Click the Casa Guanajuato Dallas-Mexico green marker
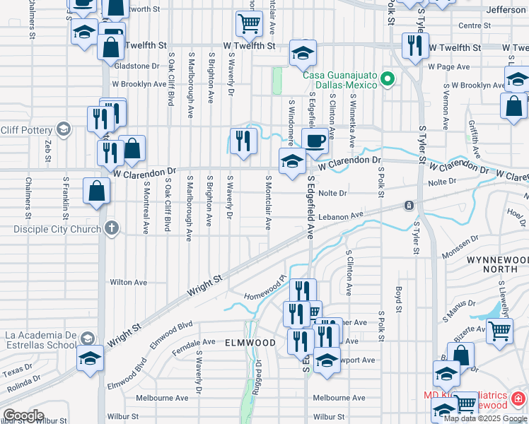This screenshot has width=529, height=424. pyautogui.click(x=387, y=79)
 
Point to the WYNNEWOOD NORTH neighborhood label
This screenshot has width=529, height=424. pyautogui.click(x=496, y=264)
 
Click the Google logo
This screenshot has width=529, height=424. pyautogui.click(x=23, y=416)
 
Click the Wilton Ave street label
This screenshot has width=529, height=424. pyautogui.click(x=129, y=282)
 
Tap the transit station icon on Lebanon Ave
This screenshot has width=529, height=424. pyautogui.click(x=409, y=206)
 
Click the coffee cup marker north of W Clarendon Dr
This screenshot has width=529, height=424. pyautogui.click(x=315, y=139)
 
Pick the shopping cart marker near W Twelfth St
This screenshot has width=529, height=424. pyautogui.click(x=249, y=23)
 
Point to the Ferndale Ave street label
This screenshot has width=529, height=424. pyautogui.click(x=197, y=342)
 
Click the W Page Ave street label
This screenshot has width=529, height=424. pyautogui.click(x=449, y=67)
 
